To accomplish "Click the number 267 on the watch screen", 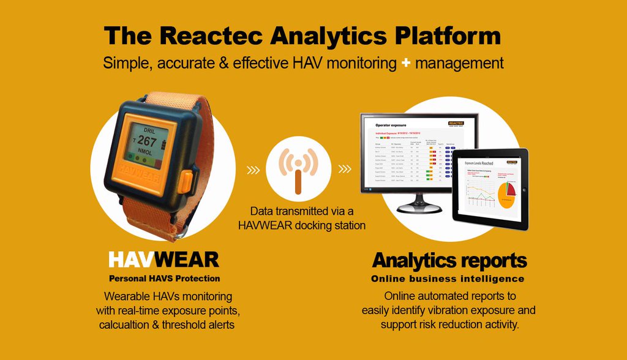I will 147,142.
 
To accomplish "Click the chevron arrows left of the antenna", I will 253,169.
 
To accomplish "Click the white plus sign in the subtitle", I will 405,62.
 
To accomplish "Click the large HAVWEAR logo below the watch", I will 163,260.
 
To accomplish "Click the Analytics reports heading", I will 449,260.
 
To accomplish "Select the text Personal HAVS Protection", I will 164,279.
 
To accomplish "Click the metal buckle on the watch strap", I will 178,233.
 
